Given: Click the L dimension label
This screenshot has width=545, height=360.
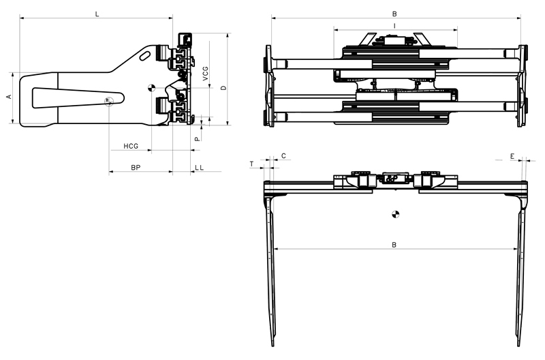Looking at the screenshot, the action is [x=97, y=14].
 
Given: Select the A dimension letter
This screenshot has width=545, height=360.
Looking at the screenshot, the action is [x=9, y=97].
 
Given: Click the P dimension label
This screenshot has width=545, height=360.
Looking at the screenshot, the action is [x=197, y=138].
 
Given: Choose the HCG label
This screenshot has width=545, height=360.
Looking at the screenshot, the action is [x=131, y=146].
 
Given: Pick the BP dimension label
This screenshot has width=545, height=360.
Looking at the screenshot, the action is [x=136, y=167].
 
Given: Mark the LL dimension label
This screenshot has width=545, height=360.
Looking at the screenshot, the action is [x=198, y=167].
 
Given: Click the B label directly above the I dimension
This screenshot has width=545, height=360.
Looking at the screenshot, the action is [x=394, y=14].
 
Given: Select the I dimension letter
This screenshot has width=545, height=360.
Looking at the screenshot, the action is [x=395, y=25].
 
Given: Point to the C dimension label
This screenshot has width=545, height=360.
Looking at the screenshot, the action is [x=283, y=156].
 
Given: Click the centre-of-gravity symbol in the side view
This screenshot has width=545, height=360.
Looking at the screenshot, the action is [x=152, y=89].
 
